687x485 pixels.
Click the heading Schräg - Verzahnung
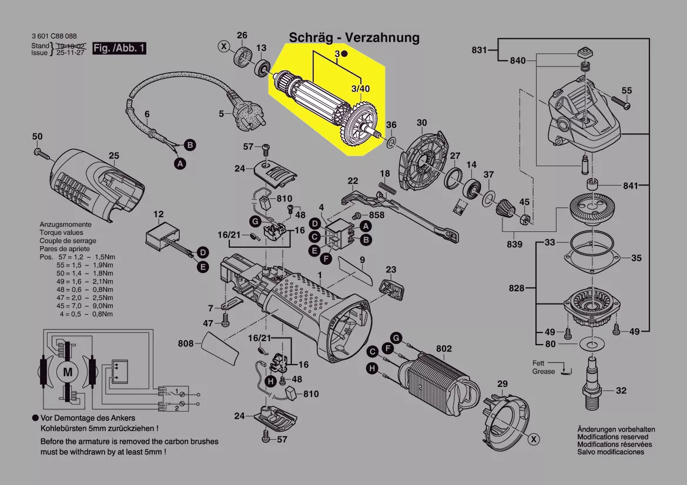pyautogui.click(x=354, y=38)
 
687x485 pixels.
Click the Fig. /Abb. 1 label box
pyautogui.click(x=120, y=48)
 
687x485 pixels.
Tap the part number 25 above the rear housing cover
pyautogui.click(x=113, y=156)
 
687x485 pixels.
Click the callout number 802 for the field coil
pyautogui.click(x=444, y=349)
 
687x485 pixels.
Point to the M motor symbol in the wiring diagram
pyautogui.click(x=68, y=372)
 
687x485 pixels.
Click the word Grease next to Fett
pyautogui.click(x=544, y=372)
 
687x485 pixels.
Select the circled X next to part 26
pyautogui.click(x=224, y=45)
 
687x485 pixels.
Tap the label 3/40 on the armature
pyautogui.click(x=360, y=89)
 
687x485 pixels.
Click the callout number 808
pyautogui.click(x=186, y=343)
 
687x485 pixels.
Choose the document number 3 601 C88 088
pyautogui.click(x=54, y=36)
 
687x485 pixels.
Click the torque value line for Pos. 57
pyautogui.click(x=77, y=257)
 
